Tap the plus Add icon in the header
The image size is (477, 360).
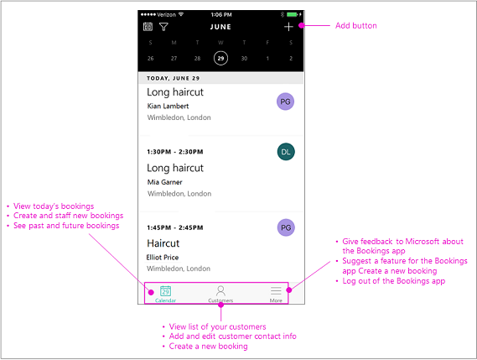tap(288, 27)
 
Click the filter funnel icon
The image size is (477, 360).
tap(163, 27)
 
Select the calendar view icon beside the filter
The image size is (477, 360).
tap(148, 27)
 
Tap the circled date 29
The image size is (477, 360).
tap(220, 58)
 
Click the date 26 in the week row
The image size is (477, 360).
tap(150, 58)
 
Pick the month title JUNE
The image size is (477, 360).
tap(220, 27)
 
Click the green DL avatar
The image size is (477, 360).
tap(286, 151)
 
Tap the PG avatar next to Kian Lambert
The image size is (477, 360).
tap(286, 102)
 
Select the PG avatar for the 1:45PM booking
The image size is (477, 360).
tap(286, 227)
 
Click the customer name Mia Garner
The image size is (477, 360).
tap(164, 181)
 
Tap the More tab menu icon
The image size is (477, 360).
tap(276, 290)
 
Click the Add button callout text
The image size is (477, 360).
tap(356, 26)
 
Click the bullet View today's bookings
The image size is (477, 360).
tap(54, 206)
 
